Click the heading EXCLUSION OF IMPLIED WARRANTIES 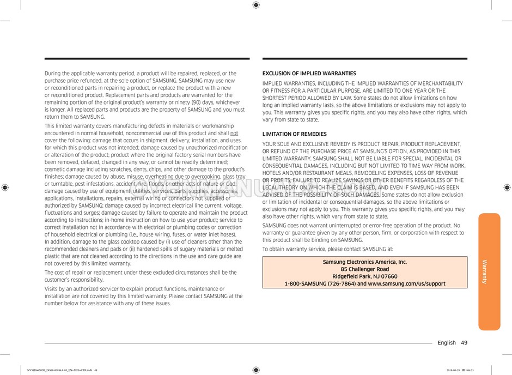(x=309, y=74)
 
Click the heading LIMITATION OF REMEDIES (x=294, y=134)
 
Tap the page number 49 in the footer (x=464, y=343)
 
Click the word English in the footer (x=446, y=343)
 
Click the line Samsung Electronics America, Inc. (x=364, y=262)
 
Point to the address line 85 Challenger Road (x=364, y=269)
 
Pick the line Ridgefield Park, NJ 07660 (x=364, y=276)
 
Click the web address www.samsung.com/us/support (x=406, y=283)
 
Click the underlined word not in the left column (x=234, y=133)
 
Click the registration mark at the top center (x=256, y=5)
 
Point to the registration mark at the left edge (x=5, y=187)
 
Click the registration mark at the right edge (x=507, y=187)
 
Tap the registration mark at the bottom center (x=256, y=370)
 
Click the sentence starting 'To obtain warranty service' (x=327, y=249)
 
